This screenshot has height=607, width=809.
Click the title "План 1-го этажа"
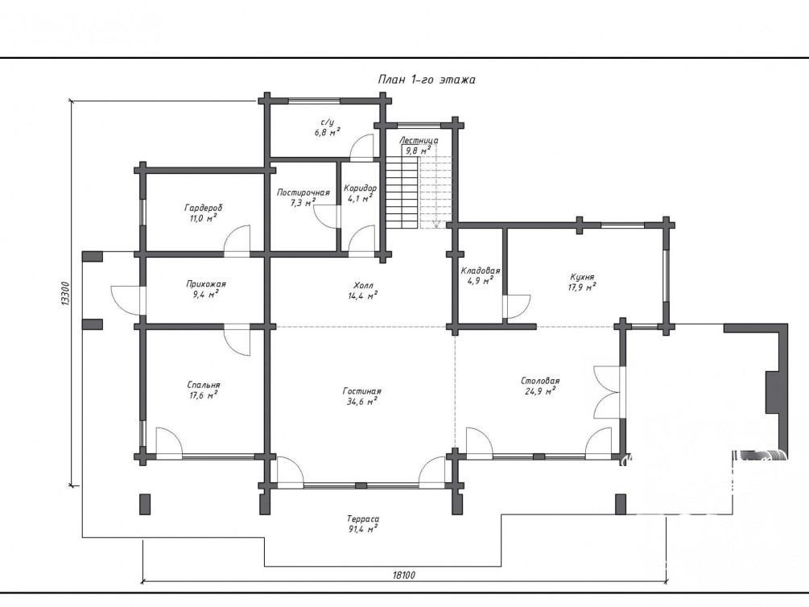coord(427,80)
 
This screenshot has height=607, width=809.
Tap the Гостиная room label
coord(361,391)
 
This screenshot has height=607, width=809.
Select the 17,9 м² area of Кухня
coord(582,287)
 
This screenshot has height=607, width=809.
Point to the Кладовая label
coord(481,270)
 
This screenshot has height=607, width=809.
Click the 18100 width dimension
coord(404,575)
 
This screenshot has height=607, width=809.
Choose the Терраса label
coord(363,518)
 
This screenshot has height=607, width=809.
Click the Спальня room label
coord(204,385)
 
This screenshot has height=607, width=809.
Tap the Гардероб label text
coord(204,208)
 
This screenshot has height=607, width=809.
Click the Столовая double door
coord(607,392)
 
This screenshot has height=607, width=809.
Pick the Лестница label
coord(419,140)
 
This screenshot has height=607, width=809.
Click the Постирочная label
coord(303,192)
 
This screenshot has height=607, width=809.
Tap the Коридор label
coord(360,188)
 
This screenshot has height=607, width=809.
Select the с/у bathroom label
coord(327,122)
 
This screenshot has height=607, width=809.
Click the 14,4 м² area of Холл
coord(363,295)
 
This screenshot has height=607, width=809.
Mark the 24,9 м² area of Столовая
coord(540,391)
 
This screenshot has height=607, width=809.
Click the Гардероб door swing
coord(237,239)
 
